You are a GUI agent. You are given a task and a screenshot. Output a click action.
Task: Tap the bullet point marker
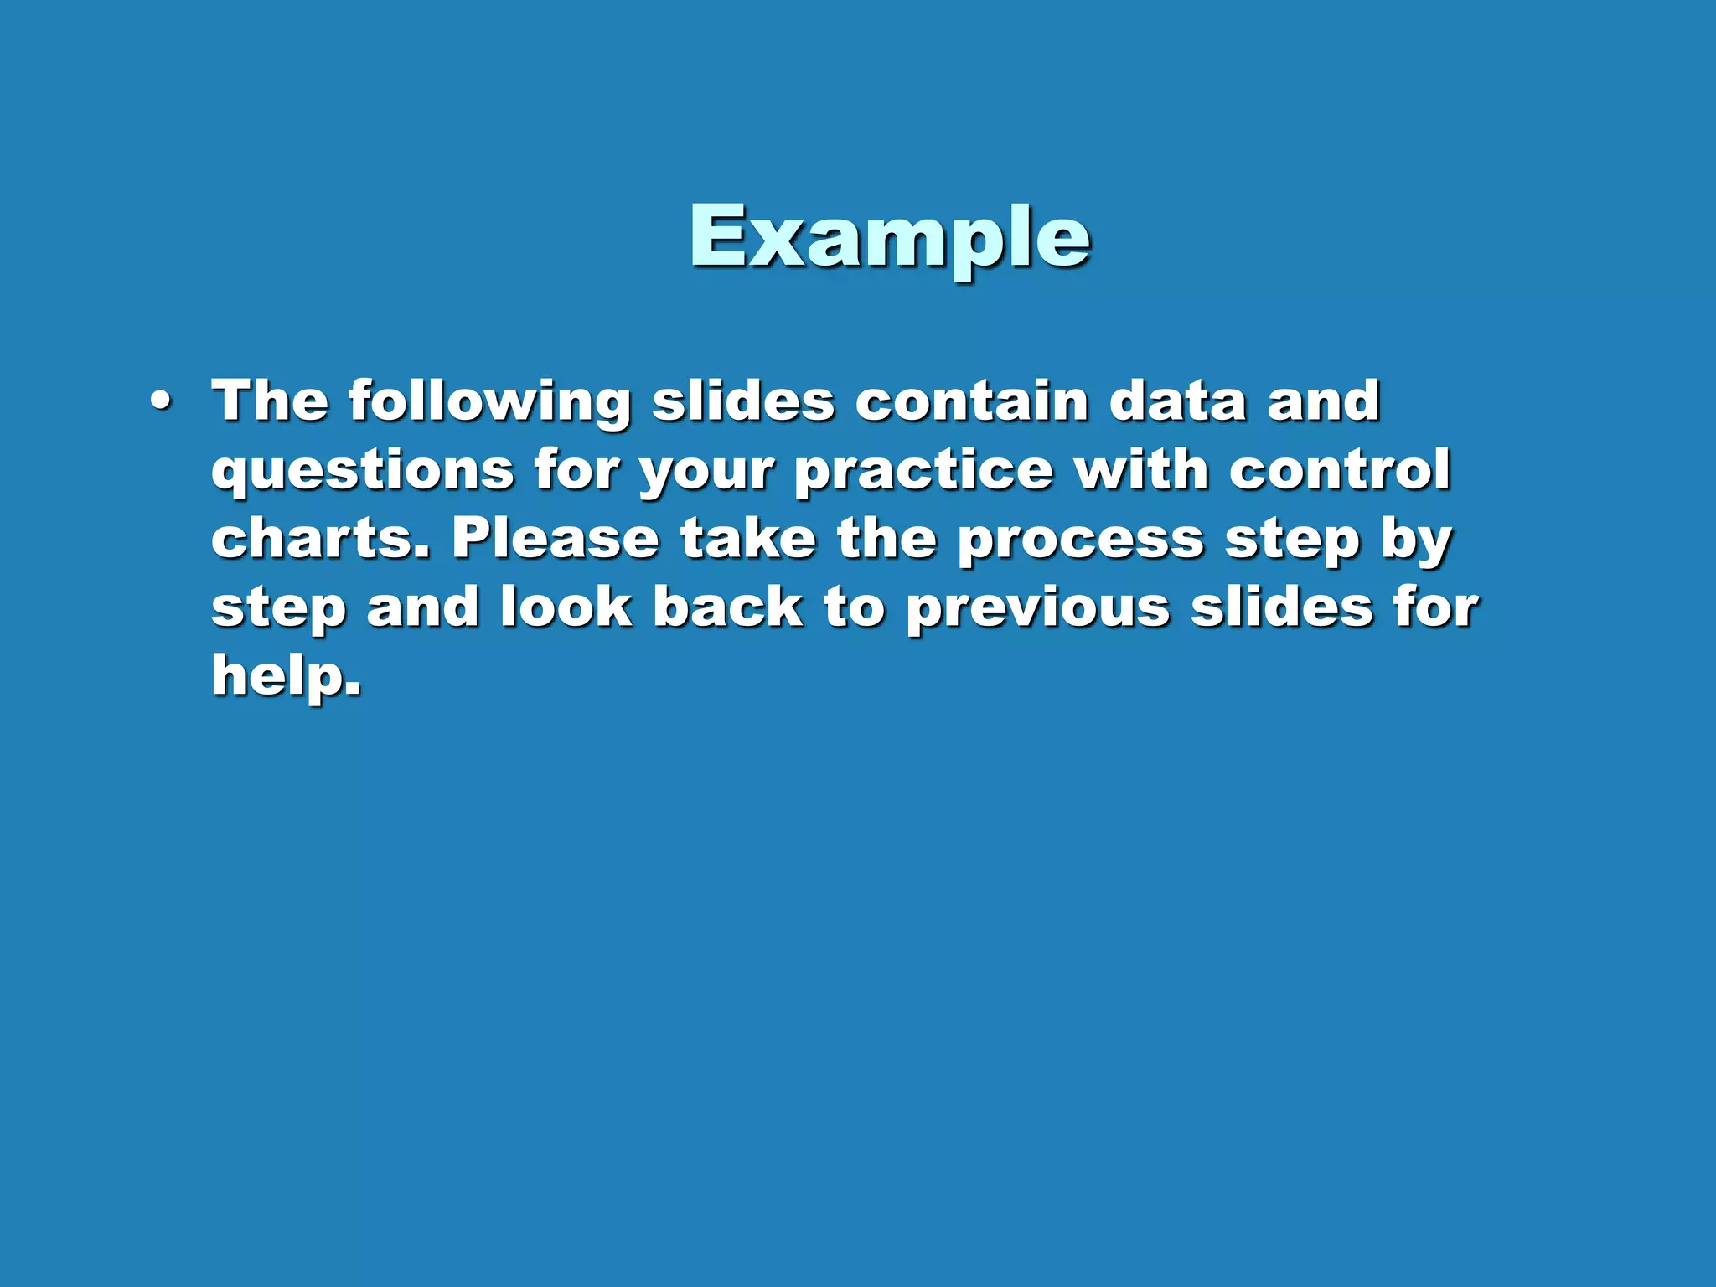pyautogui.click(x=160, y=403)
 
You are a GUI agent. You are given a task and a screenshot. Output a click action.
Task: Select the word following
pyautogui.click(x=489, y=403)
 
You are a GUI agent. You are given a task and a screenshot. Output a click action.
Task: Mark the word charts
pyautogui.click(x=319, y=538)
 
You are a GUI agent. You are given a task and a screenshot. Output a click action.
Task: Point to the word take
pyautogui.click(x=747, y=538)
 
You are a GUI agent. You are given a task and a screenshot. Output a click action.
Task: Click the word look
pyautogui.click(x=566, y=607)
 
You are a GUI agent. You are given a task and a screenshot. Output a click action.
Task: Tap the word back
pyautogui.click(x=727, y=607)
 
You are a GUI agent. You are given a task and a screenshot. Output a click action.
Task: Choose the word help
pyautogui.click(x=286, y=675)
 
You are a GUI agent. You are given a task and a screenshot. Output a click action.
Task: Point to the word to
pyautogui.click(x=853, y=607)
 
